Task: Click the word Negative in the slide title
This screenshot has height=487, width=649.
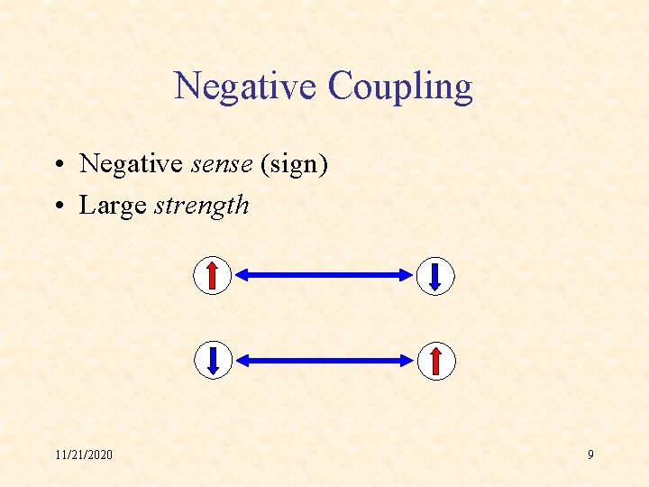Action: (x=246, y=87)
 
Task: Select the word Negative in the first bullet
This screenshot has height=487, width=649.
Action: (x=132, y=164)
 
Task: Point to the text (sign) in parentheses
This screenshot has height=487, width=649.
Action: (x=294, y=164)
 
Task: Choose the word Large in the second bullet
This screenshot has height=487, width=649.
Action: (x=113, y=205)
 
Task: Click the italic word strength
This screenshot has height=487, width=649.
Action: (x=202, y=206)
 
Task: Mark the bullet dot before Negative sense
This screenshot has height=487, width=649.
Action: (x=57, y=165)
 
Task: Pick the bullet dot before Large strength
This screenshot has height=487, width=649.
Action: (x=57, y=206)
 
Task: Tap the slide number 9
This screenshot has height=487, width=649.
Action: (x=590, y=455)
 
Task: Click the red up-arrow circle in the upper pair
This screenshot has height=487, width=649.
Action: (x=213, y=276)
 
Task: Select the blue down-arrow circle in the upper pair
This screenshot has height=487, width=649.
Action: (x=435, y=276)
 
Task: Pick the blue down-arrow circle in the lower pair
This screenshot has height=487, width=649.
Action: (x=213, y=360)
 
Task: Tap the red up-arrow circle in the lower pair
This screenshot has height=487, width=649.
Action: (x=435, y=360)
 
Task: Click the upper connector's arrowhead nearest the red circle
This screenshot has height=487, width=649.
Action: (x=243, y=276)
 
